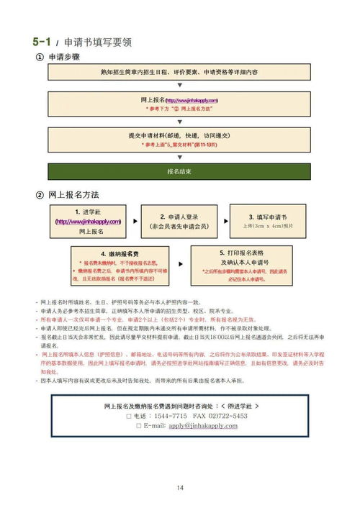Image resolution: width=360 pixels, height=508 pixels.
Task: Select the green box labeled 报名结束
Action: click(179, 172)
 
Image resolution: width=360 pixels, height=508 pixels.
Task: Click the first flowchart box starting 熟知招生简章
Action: click(179, 73)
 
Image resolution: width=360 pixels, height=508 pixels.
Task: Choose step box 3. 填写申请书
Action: click(268, 222)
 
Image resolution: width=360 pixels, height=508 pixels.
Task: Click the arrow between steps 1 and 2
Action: click(132, 222)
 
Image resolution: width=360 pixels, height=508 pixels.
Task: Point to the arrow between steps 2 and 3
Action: click(222, 222)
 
